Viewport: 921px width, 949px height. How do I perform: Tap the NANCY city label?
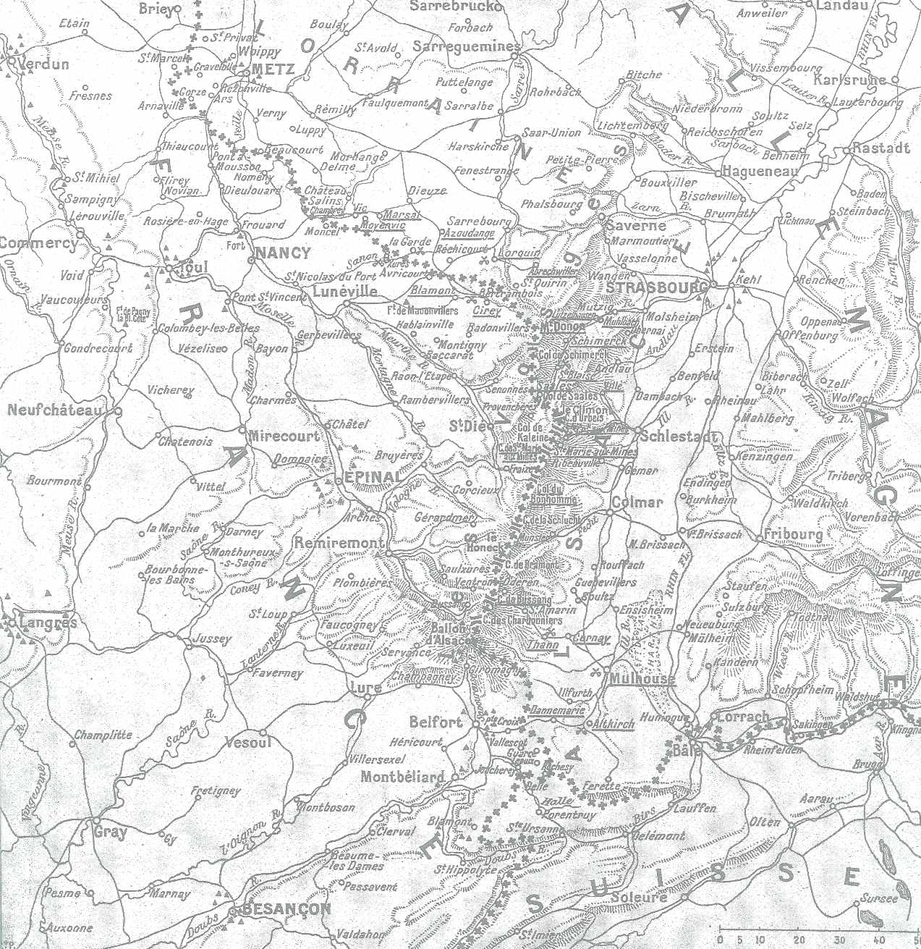pyautogui.click(x=283, y=253)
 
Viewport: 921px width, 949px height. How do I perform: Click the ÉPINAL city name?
pyautogui.click(x=372, y=478)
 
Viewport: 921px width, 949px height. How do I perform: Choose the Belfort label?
pyautogui.click(x=436, y=722)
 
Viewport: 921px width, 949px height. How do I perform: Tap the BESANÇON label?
pyautogui.click(x=286, y=909)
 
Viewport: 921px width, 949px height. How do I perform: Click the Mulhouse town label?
pyautogui.click(x=642, y=679)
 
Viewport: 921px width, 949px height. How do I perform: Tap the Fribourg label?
pyautogui.click(x=793, y=535)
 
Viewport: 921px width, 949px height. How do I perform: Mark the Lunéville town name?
pyautogui.click(x=345, y=292)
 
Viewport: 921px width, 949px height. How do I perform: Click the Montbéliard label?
pyautogui.click(x=403, y=777)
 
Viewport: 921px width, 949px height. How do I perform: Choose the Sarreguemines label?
pyautogui.click(x=466, y=46)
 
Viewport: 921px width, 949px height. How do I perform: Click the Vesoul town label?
pyautogui.click(x=248, y=742)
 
